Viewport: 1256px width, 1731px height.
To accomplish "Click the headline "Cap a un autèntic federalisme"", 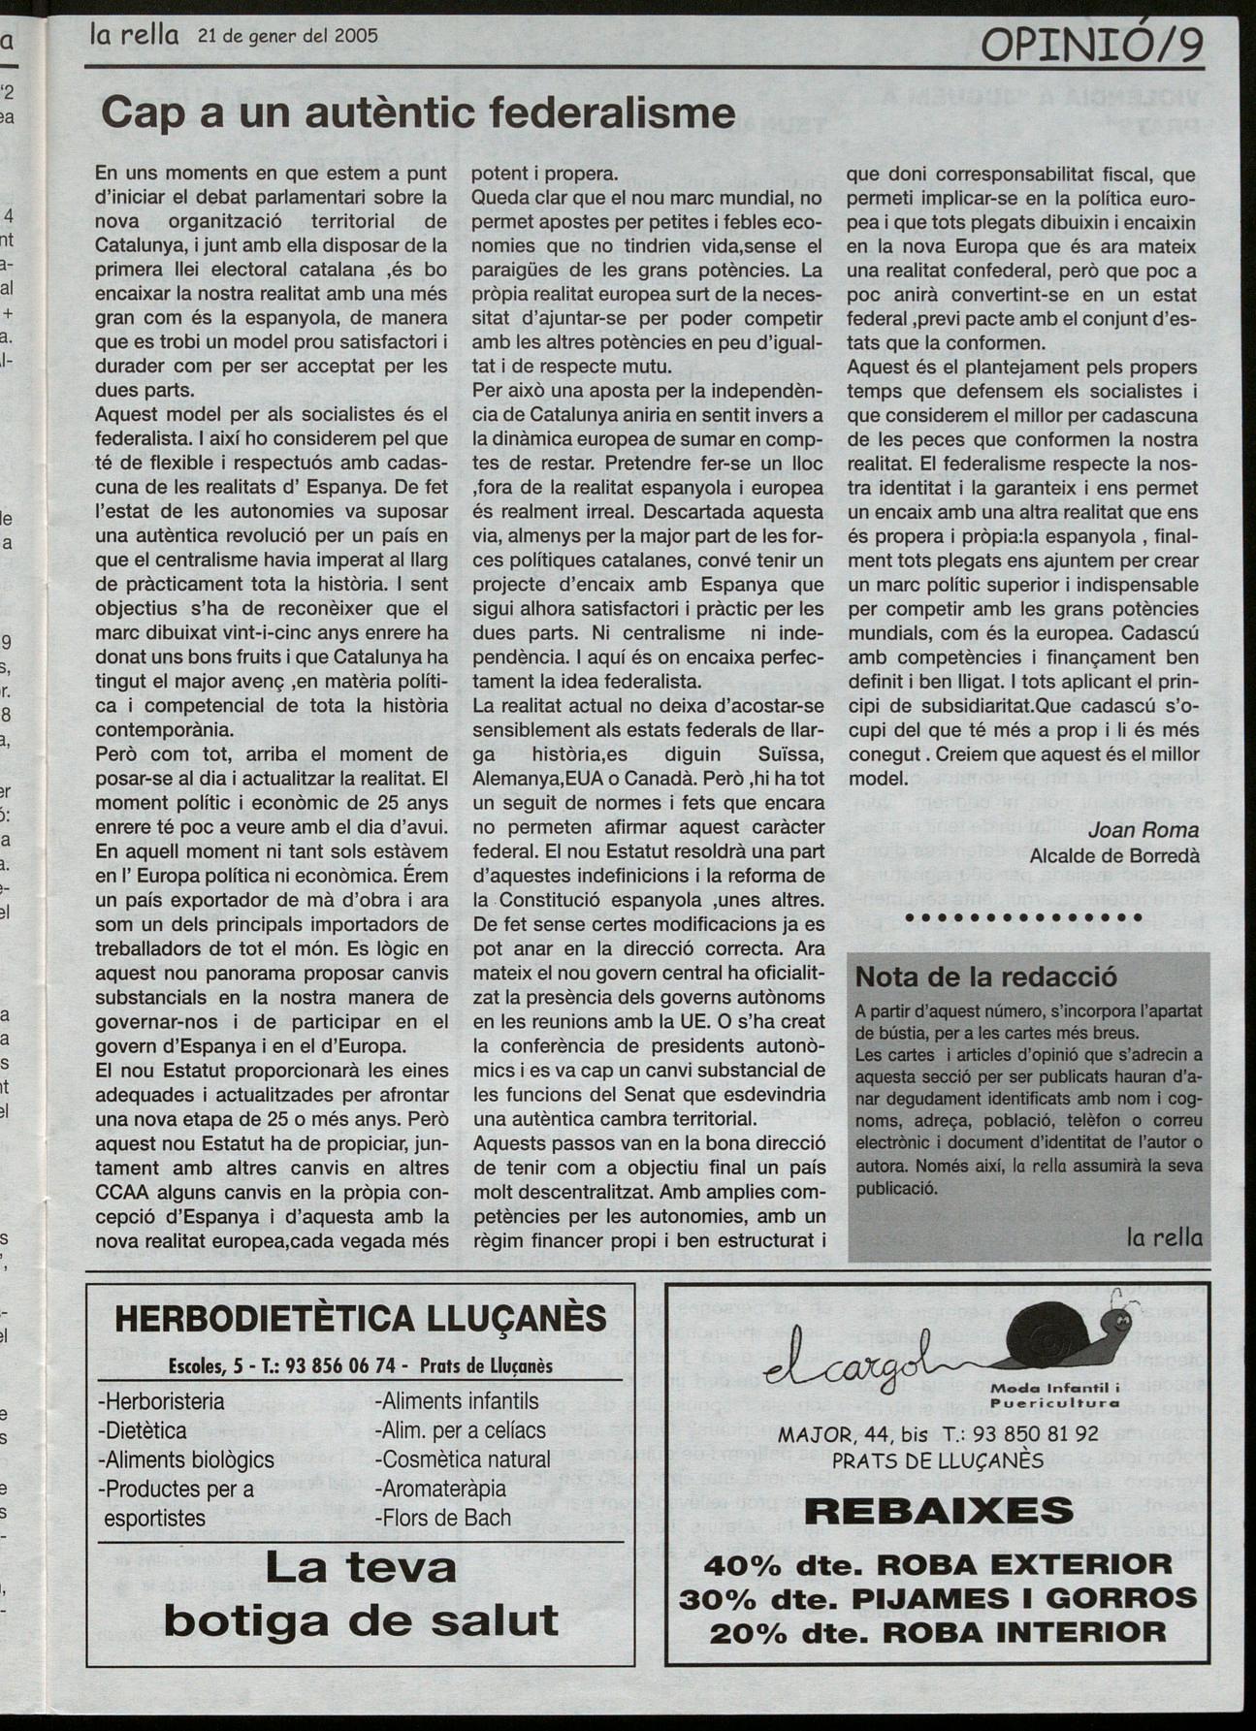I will [x=418, y=114].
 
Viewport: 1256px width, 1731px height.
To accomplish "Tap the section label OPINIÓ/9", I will [x=1092, y=45].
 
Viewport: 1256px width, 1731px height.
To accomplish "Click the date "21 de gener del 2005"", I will [x=287, y=36].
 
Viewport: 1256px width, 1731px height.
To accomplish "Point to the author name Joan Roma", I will [x=1143, y=830].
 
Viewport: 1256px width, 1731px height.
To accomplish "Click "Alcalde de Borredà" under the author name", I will [x=1114, y=856].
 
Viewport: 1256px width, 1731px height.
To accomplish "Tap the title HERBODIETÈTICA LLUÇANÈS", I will [x=361, y=1319].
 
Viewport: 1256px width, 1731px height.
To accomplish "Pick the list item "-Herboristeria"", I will [x=161, y=1401].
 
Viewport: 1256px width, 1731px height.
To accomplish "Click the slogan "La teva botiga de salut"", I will [x=361, y=1593].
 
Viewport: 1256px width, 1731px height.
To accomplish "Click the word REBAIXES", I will [x=938, y=1510].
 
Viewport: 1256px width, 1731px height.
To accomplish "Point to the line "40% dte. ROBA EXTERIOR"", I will [x=938, y=1564].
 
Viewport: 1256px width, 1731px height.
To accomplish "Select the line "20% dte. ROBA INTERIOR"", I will [x=938, y=1632].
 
